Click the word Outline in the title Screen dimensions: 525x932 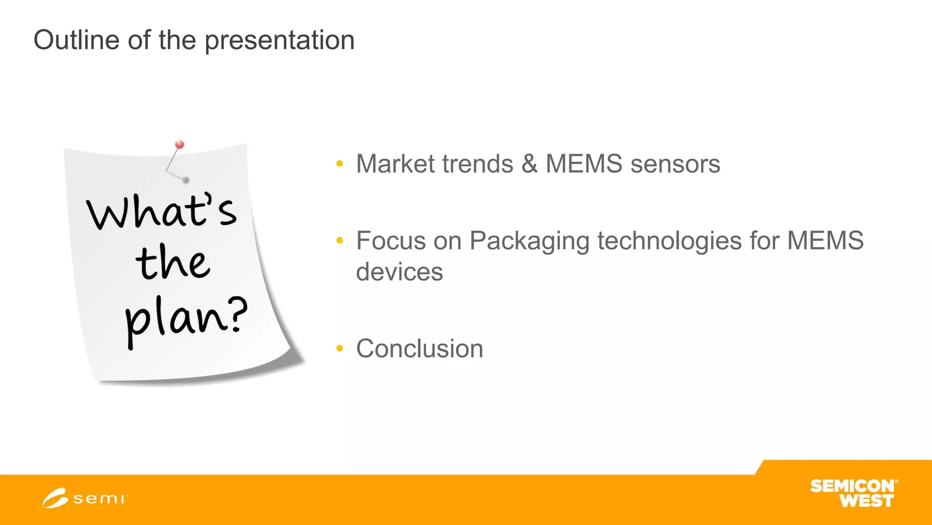click(76, 40)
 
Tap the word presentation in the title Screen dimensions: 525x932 click(279, 41)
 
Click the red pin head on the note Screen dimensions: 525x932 click(180, 144)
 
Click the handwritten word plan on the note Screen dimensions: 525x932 click(175, 319)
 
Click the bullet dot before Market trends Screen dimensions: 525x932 click(339, 164)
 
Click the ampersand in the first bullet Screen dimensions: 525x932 click(529, 164)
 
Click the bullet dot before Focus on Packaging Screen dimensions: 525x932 click(339, 241)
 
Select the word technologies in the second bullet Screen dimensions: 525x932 click(669, 241)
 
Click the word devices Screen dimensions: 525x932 click(399, 272)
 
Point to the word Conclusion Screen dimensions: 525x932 click(419, 349)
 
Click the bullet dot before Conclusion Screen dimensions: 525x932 click(339, 349)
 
